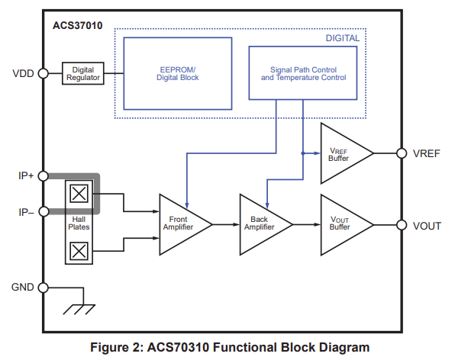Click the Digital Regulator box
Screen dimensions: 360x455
82,74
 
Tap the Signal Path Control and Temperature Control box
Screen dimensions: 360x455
303,73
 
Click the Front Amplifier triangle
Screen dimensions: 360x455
180,224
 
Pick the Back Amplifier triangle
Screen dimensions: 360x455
261,224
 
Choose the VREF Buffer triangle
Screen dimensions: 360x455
341,153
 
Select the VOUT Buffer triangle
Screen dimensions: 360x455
341,225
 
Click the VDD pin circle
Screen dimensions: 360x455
44,74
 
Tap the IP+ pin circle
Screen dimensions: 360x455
44,175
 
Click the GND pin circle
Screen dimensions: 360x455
44,288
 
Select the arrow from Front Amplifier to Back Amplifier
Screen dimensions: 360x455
226,225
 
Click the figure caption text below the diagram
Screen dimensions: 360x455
230,347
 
